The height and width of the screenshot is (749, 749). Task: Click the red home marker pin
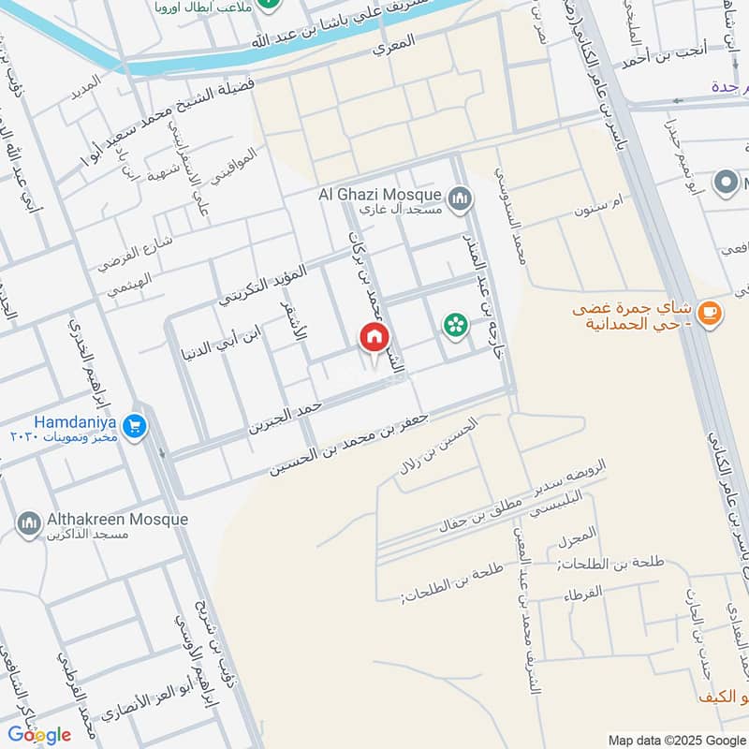coord(374,337)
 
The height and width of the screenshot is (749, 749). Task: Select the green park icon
coord(455,325)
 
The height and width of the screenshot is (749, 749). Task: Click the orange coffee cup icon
coord(711,312)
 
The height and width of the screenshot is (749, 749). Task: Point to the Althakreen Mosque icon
coord(29,521)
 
